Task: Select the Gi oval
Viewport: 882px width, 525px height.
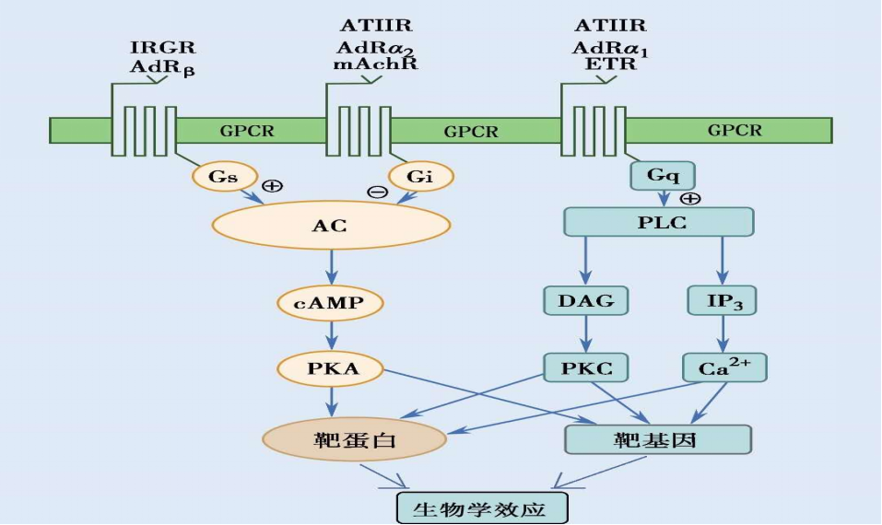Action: coord(419,177)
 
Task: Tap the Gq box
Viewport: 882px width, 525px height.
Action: coord(662,174)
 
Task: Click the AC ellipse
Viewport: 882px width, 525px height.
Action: coord(331,224)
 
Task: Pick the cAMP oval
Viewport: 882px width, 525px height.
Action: coord(330,302)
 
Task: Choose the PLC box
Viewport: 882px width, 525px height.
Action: coord(658,222)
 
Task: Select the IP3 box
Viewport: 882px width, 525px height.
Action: coord(722,299)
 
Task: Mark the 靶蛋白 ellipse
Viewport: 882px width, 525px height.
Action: coord(355,438)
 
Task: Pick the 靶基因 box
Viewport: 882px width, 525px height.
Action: coord(657,439)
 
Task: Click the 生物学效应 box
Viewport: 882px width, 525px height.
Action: coord(482,507)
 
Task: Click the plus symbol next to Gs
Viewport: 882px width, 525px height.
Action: coord(272,186)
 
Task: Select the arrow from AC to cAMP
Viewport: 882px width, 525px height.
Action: coord(331,268)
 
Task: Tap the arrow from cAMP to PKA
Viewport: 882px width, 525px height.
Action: coord(331,335)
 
